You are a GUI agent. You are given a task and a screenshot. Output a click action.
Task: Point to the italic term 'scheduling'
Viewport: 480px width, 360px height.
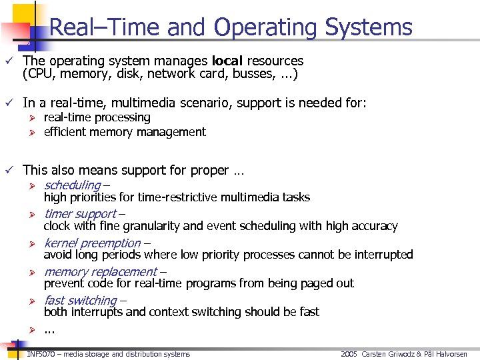click(72, 185)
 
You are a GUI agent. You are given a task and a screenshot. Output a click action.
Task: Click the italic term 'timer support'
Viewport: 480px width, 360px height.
click(80, 214)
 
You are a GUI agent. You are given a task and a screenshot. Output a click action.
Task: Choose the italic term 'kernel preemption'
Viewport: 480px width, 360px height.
click(93, 243)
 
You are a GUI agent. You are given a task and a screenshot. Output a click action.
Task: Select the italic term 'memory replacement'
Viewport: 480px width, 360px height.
click(100, 271)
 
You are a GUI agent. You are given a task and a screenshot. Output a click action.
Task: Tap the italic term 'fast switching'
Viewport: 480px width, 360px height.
click(81, 300)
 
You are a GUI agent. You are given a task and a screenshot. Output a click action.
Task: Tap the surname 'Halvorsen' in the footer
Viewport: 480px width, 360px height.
click(449, 354)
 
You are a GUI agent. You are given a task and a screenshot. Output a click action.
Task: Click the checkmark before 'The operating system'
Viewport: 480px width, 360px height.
click(9, 61)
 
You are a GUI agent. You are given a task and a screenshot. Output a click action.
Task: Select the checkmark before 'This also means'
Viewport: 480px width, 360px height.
click(9, 171)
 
